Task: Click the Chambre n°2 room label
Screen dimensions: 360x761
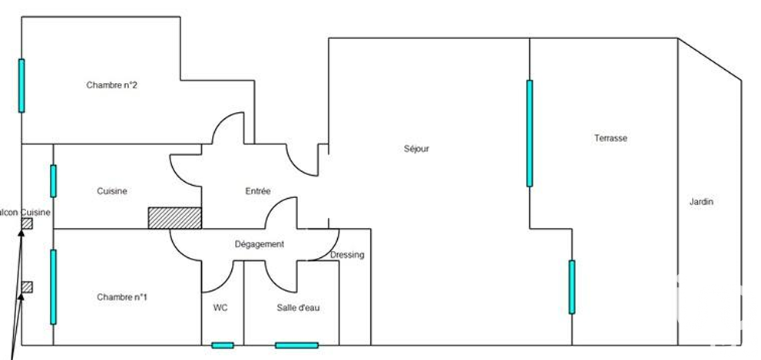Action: (111, 85)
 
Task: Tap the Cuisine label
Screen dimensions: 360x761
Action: (111, 191)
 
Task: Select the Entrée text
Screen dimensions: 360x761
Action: (257, 191)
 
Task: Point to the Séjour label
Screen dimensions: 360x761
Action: (415, 149)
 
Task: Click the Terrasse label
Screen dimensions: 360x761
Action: (610, 138)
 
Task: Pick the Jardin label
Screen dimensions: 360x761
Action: (701, 202)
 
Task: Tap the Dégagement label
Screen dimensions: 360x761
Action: (259, 244)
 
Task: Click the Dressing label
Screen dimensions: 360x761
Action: (347, 255)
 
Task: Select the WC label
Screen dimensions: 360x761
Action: (220, 307)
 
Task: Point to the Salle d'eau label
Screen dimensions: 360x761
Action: (298, 307)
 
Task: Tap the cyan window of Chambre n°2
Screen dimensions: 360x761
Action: (22, 85)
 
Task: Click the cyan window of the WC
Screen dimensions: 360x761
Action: (222, 345)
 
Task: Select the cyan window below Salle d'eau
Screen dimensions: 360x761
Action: (296, 345)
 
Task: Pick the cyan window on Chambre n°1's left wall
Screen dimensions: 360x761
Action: (53, 286)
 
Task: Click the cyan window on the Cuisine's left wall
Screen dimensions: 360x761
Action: (53, 181)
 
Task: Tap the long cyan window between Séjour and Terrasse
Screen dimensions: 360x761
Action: (529, 134)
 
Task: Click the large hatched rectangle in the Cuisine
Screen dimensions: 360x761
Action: (174, 217)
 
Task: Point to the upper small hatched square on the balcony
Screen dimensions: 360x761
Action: (27, 223)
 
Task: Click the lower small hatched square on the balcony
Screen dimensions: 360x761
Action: (27, 286)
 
